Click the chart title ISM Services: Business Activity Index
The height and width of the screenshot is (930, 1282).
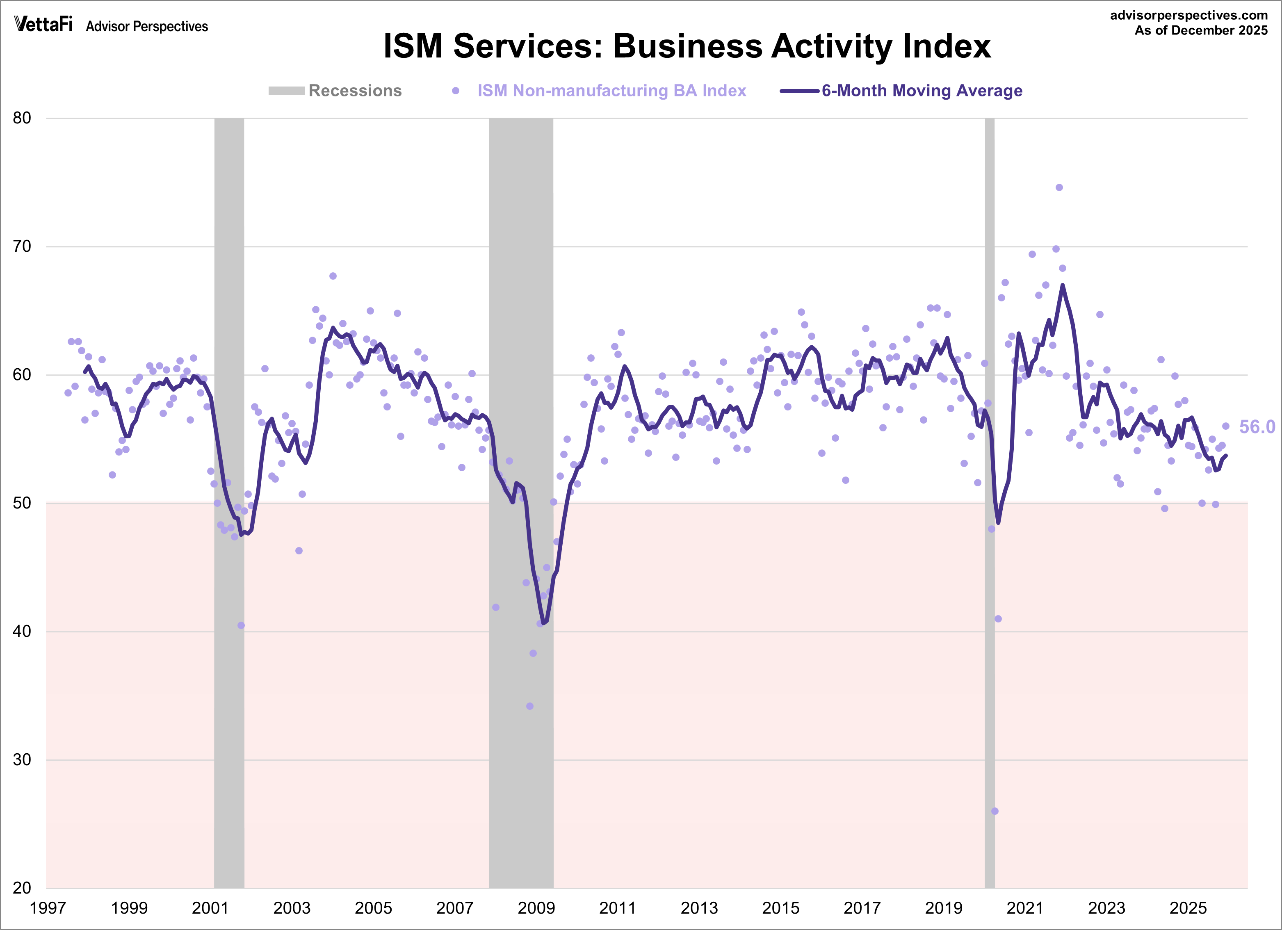coord(687,46)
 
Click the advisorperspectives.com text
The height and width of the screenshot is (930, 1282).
coord(1188,15)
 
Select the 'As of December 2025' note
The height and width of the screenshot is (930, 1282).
coord(1201,30)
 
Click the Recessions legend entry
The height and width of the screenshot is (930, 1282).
coord(335,91)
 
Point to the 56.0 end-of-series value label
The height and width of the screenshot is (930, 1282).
coord(1257,427)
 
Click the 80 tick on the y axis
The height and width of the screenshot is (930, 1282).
coord(22,118)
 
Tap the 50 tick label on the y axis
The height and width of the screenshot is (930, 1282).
coord(22,503)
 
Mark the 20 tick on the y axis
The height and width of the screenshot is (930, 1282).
coord(22,888)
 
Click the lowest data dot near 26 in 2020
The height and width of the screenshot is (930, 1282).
coord(995,811)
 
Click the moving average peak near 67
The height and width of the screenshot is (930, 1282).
coord(1063,285)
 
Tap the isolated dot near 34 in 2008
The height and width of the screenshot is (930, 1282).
coord(529,706)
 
